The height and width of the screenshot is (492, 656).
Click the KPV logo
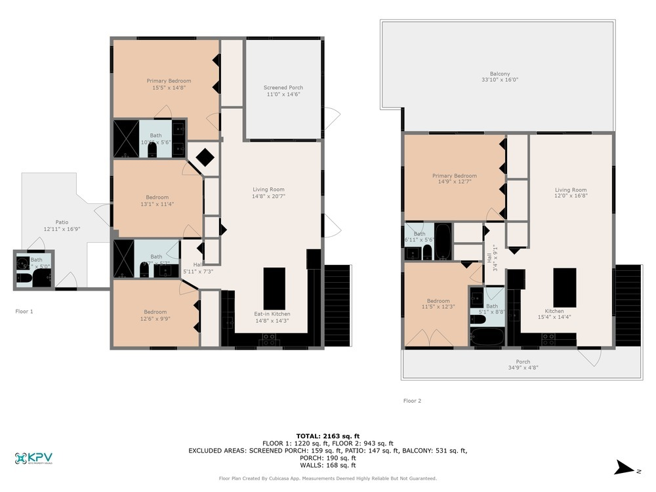[x=34, y=459]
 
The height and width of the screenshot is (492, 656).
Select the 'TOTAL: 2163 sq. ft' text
[x=328, y=436]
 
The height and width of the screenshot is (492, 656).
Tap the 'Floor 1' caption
[x=24, y=311]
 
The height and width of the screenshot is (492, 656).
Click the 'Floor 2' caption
[x=412, y=400]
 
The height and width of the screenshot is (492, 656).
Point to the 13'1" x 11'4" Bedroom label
[x=157, y=201]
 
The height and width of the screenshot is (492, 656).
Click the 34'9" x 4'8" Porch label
[x=523, y=365]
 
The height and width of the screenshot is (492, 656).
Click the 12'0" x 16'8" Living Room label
[x=570, y=194]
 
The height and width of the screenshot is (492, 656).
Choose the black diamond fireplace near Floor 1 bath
[x=205, y=157]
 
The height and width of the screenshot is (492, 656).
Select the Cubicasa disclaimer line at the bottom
[x=328, y=478]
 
